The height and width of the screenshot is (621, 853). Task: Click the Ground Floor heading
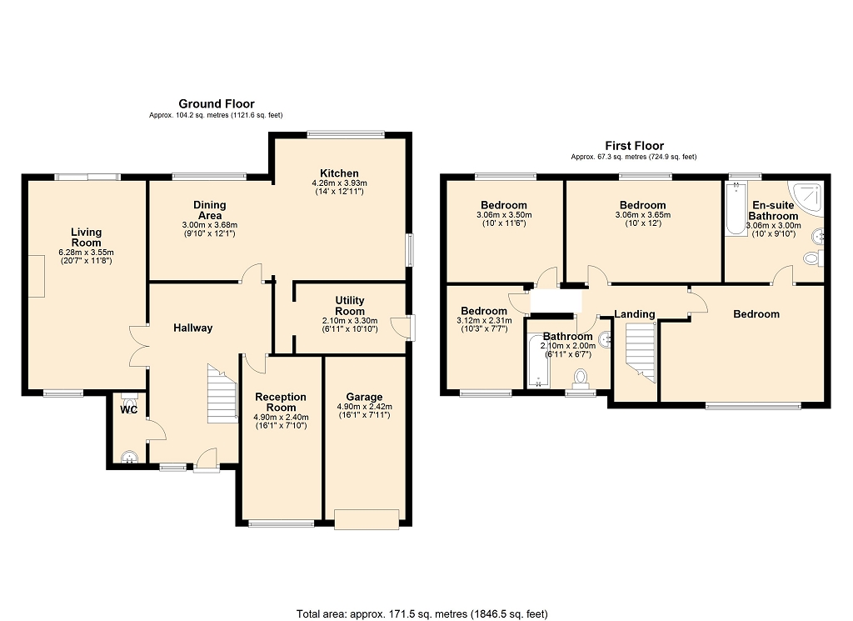pos(217,103)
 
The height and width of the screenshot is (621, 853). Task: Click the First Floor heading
pos(634,145)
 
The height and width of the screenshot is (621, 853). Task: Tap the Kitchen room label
pos(339,173)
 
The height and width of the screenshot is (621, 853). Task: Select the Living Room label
pos(86,238)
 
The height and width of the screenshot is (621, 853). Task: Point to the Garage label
pos(365,397)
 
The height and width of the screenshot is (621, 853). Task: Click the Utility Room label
pos(350,306)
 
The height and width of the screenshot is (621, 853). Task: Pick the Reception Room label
pos(281,403)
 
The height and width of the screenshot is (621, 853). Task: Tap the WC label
pos(129,410)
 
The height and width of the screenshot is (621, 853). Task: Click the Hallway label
pos(192,328)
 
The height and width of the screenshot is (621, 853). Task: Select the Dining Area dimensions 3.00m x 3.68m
pos(209,225)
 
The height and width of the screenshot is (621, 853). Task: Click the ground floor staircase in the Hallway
pos(222,394)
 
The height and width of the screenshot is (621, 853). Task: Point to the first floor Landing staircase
pos(641,353)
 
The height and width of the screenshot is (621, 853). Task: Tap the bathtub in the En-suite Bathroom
pos(736,208)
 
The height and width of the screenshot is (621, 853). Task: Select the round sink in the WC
pos(129,457)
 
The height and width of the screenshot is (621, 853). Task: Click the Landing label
pos(634,314)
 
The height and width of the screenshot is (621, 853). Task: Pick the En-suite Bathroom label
pos(773,211)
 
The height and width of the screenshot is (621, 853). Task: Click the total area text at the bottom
pos(422,614)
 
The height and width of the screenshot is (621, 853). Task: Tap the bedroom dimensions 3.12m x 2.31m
pos(484,321)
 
